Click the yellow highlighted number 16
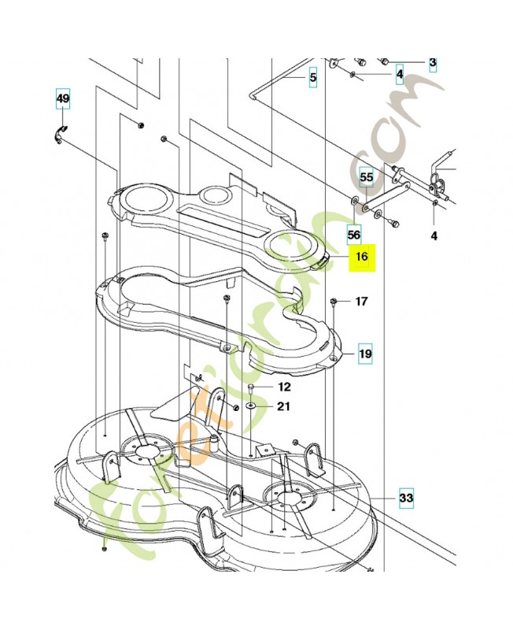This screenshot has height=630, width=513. coord(362,257)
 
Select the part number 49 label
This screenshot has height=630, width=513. coord(62,98)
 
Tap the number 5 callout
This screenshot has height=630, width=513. coord(312,78)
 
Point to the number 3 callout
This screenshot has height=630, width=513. coord(432,62)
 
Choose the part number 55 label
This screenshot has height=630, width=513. coord(366,177)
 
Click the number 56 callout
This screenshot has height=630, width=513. coord(353,235)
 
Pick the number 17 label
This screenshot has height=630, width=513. coord(361,302)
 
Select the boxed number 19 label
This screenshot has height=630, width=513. coord(365,354)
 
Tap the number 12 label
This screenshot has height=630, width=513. coord(284,387)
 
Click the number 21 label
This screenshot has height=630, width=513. coord(283,406)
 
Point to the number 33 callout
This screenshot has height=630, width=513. coord(406,498)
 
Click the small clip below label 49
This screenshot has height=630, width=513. coord(61,132)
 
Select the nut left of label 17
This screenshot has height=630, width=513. coord(334,302)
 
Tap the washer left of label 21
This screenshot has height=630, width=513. coord(249,406)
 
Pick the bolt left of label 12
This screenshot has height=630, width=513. coord(249,389)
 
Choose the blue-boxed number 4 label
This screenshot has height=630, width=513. coord(400,76)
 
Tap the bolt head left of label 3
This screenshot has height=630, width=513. coord(385,61)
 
